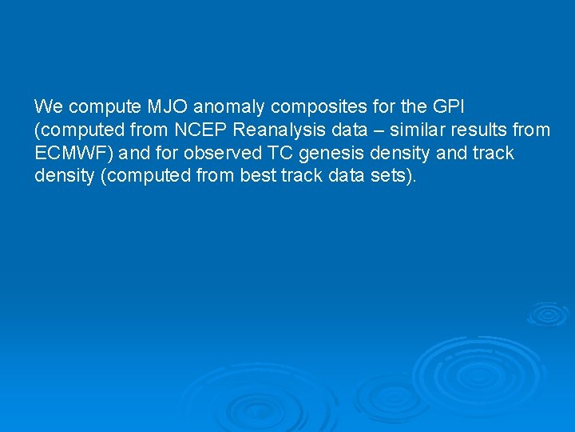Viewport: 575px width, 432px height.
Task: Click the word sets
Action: point(398,176)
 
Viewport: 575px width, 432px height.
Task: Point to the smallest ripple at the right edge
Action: point(548,314)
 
